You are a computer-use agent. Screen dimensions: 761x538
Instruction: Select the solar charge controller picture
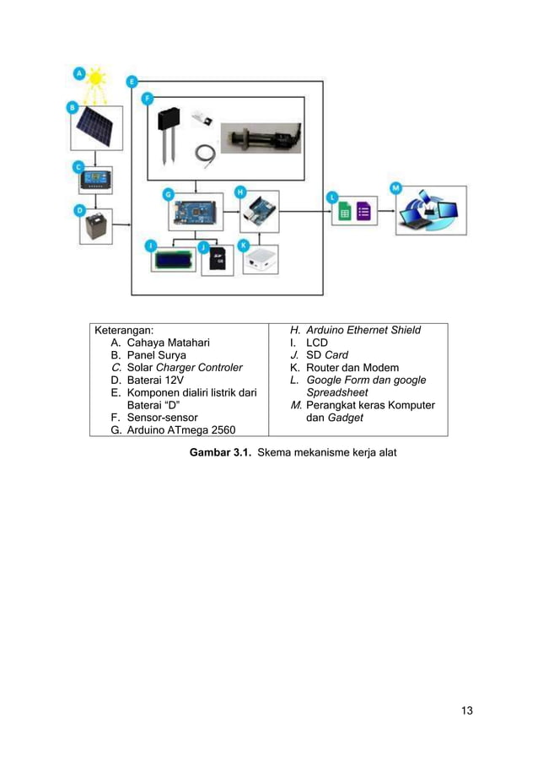94,180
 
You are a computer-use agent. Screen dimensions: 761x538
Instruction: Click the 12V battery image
95,225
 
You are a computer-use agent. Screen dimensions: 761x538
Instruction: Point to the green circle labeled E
132,81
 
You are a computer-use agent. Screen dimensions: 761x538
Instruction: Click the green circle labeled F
148,99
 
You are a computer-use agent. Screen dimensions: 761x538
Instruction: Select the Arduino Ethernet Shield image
257,212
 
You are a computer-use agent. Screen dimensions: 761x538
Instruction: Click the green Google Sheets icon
345,212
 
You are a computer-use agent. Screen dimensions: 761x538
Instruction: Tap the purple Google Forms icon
364,212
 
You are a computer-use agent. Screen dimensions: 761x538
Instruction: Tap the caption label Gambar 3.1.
219,453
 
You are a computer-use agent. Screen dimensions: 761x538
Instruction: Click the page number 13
466,710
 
